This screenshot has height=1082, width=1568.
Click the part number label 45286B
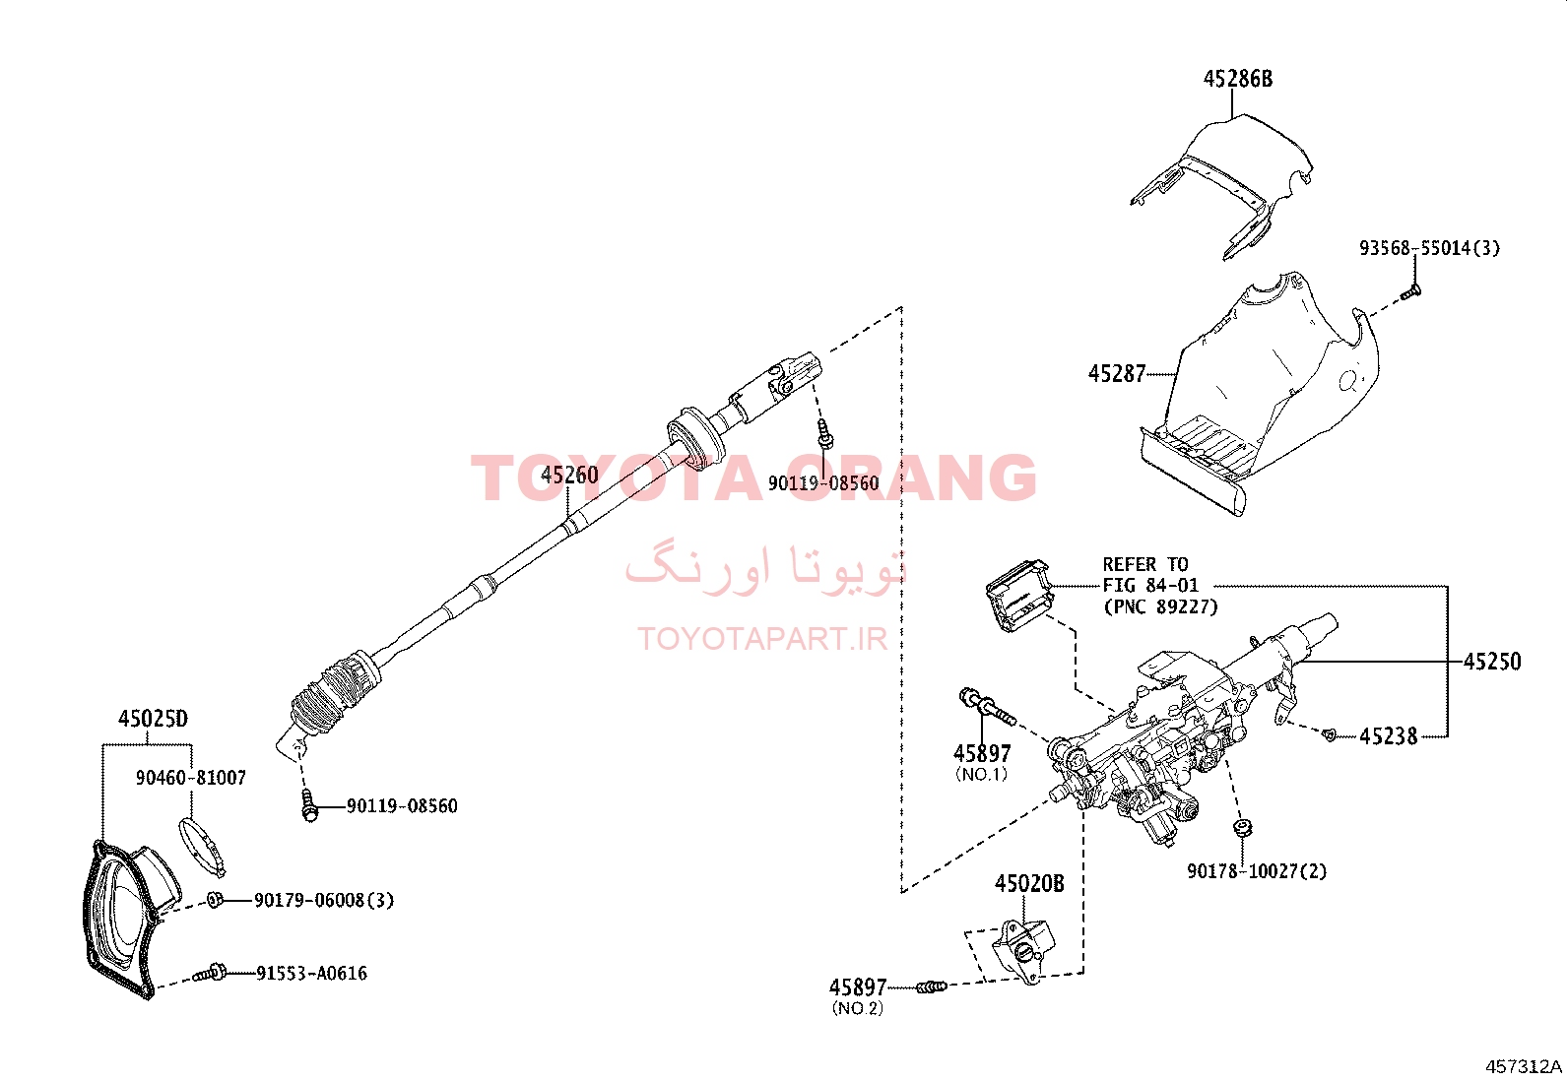point(1238,79)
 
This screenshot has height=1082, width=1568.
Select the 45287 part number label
point(1117,374)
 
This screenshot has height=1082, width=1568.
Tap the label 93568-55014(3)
point(1429,248)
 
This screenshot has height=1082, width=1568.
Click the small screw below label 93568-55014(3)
point(1410,291)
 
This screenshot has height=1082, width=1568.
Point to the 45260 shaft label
point(570,476)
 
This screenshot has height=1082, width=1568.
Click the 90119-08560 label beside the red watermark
point(823,482)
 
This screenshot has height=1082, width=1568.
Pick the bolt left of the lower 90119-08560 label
point(308,805)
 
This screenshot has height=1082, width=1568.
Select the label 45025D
point(153,719)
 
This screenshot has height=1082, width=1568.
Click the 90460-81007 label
point(191,778)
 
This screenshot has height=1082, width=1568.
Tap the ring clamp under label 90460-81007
point(202,848)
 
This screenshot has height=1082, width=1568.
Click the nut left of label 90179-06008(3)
point(215,899)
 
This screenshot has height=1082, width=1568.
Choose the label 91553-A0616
point(311,974)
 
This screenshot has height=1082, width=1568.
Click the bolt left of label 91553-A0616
point(210,973)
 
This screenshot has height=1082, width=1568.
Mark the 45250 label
point(1492,662)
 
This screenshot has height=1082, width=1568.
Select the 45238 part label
point(1389,736)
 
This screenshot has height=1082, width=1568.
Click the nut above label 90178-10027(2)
point(1243,827)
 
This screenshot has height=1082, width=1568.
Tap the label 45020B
point(1029,884)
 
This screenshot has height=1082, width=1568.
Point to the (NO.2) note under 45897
point(858,1008)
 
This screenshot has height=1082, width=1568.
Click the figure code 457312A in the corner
point(1524,1066)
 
